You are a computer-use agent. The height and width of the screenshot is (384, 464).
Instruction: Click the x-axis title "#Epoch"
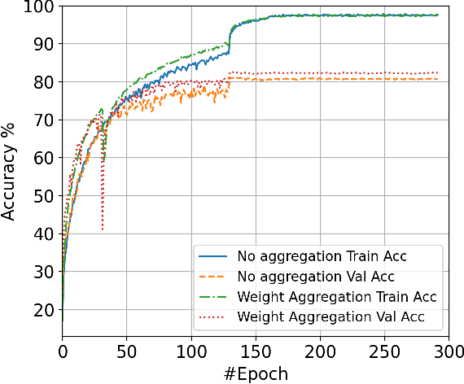click(256, 372)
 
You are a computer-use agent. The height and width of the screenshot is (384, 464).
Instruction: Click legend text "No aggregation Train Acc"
click(322, 255)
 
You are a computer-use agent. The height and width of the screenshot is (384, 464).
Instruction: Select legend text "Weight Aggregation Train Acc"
click(337, 295)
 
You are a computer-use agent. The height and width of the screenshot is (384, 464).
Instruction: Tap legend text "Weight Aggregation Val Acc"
click(331, 314)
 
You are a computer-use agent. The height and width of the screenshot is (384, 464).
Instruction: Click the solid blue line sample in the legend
click(213, 255)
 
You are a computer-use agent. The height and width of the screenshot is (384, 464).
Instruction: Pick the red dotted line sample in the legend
click(213, 314)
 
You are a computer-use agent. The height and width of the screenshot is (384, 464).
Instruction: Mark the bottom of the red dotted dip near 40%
click(103, 230)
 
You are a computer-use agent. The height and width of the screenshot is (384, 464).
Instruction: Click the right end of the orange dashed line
click(438, 79)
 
